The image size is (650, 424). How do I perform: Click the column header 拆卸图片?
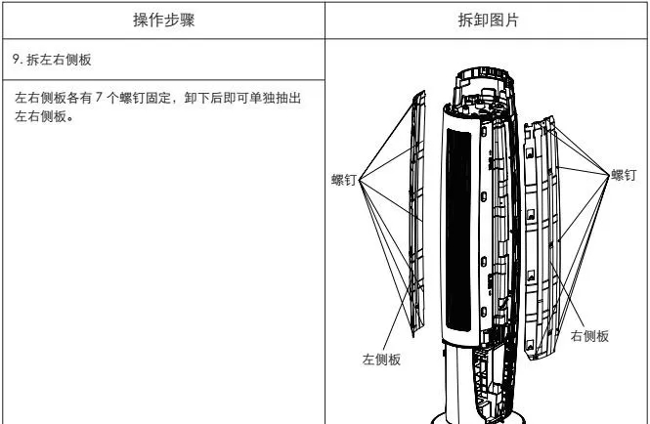coord(485,21)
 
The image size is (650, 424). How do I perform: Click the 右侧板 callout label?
coord(589,335)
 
